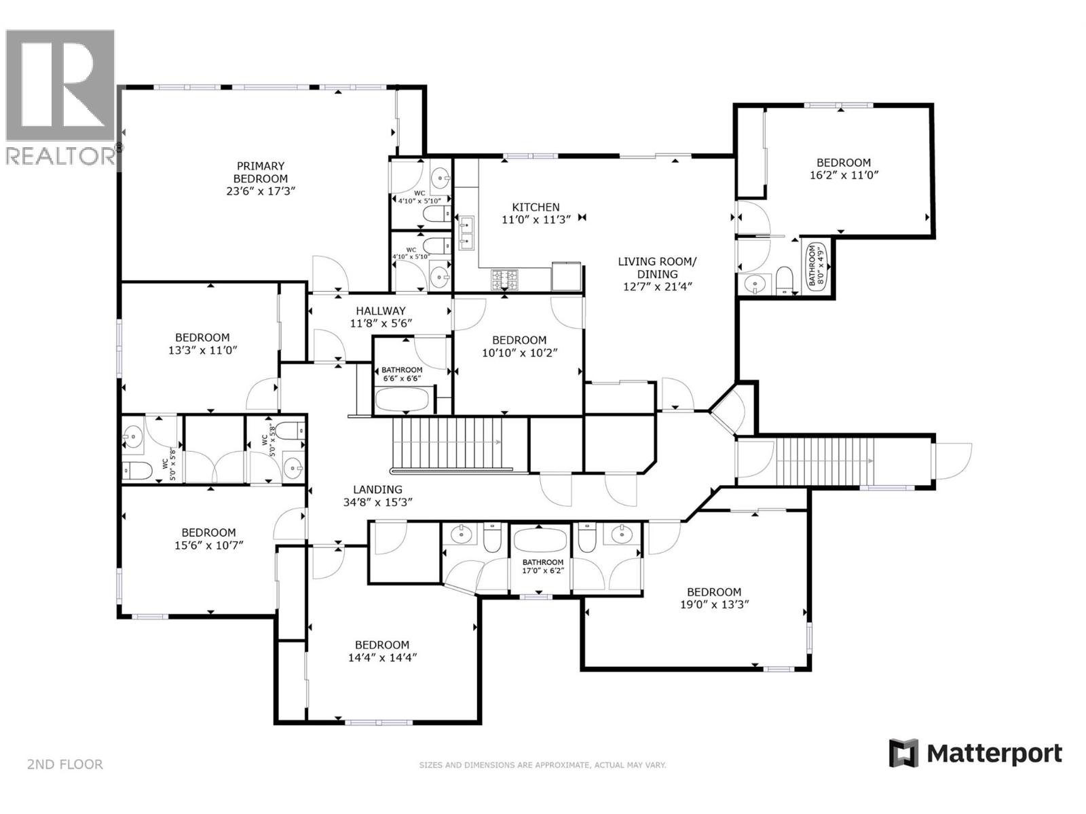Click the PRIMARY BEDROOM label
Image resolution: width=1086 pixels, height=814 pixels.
click(x=260, y=172)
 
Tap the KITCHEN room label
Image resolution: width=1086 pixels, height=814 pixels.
click(x=536, y=207)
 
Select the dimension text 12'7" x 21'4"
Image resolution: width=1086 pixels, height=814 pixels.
click(x=657, y=286)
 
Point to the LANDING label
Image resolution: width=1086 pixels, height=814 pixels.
click(x=377, y=489)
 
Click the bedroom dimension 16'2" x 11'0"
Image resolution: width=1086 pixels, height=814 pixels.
click(x=844, y=174)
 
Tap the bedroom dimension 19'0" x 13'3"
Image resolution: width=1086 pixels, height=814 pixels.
click(x=714, y=604)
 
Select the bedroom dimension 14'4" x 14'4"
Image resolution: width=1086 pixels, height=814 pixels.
click(x=382, y=657)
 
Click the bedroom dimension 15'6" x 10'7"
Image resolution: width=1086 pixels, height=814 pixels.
click(x=208, y=545)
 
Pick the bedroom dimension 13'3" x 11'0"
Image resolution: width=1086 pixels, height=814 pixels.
click(x=202, y=350)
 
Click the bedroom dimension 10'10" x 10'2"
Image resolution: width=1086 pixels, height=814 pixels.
click(x=519, y=353)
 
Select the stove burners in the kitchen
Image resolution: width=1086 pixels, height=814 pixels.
click(x=504, y=277)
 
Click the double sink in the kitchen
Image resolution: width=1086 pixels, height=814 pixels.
click(x=466, y=233)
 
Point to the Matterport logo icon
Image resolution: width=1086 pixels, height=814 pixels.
click(x=903, y=753)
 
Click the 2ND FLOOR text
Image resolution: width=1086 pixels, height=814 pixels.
click(x=65, y=764)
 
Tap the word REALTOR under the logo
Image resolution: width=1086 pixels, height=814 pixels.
click(x=60, y=156)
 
